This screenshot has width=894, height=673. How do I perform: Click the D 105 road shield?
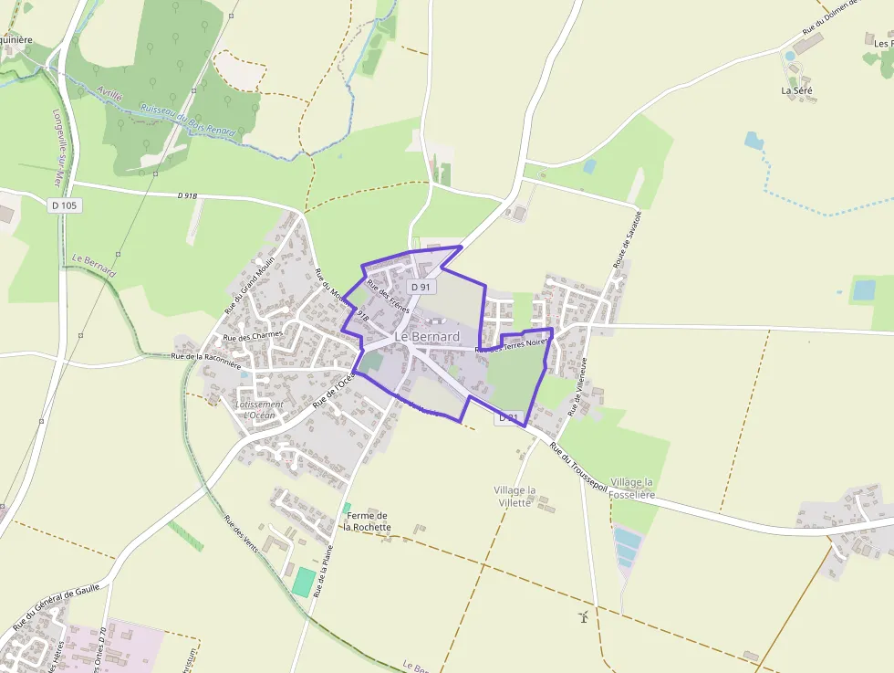(x=66, y=205)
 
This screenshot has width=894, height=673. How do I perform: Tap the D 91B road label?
(x=187, y=195)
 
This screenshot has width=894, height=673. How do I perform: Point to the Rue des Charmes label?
(x=254, y=336)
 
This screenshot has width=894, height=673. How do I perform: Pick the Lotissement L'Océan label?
(x=259, y=409)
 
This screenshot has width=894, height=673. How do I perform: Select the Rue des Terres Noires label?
(x=513, y=344)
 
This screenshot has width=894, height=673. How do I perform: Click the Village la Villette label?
(x=515, y=496)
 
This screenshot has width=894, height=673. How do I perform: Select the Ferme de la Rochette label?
(x=368, y=521)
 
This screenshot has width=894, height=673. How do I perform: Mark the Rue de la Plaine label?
(x=322, y=572)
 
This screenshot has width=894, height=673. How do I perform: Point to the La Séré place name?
(x=796, y=90)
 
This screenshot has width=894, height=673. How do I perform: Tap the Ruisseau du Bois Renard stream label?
(x=187, y=118)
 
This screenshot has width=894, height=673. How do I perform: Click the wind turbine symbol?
(x=584, y=617)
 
